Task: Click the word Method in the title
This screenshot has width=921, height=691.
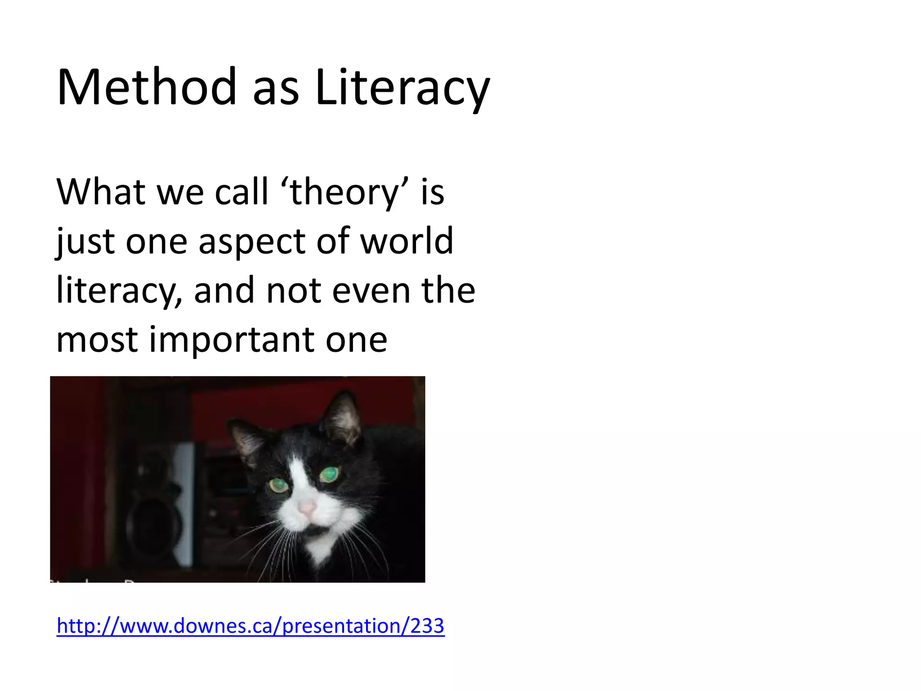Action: (147, 87)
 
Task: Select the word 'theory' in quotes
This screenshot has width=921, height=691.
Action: (344, 192)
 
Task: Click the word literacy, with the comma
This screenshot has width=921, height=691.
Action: (119, 291)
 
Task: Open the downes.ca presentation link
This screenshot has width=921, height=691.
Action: (250, 626)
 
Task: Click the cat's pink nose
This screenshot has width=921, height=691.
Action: (308, 507)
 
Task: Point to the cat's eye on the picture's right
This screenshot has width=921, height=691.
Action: (330, 474)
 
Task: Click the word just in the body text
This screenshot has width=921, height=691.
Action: (85, 242)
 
